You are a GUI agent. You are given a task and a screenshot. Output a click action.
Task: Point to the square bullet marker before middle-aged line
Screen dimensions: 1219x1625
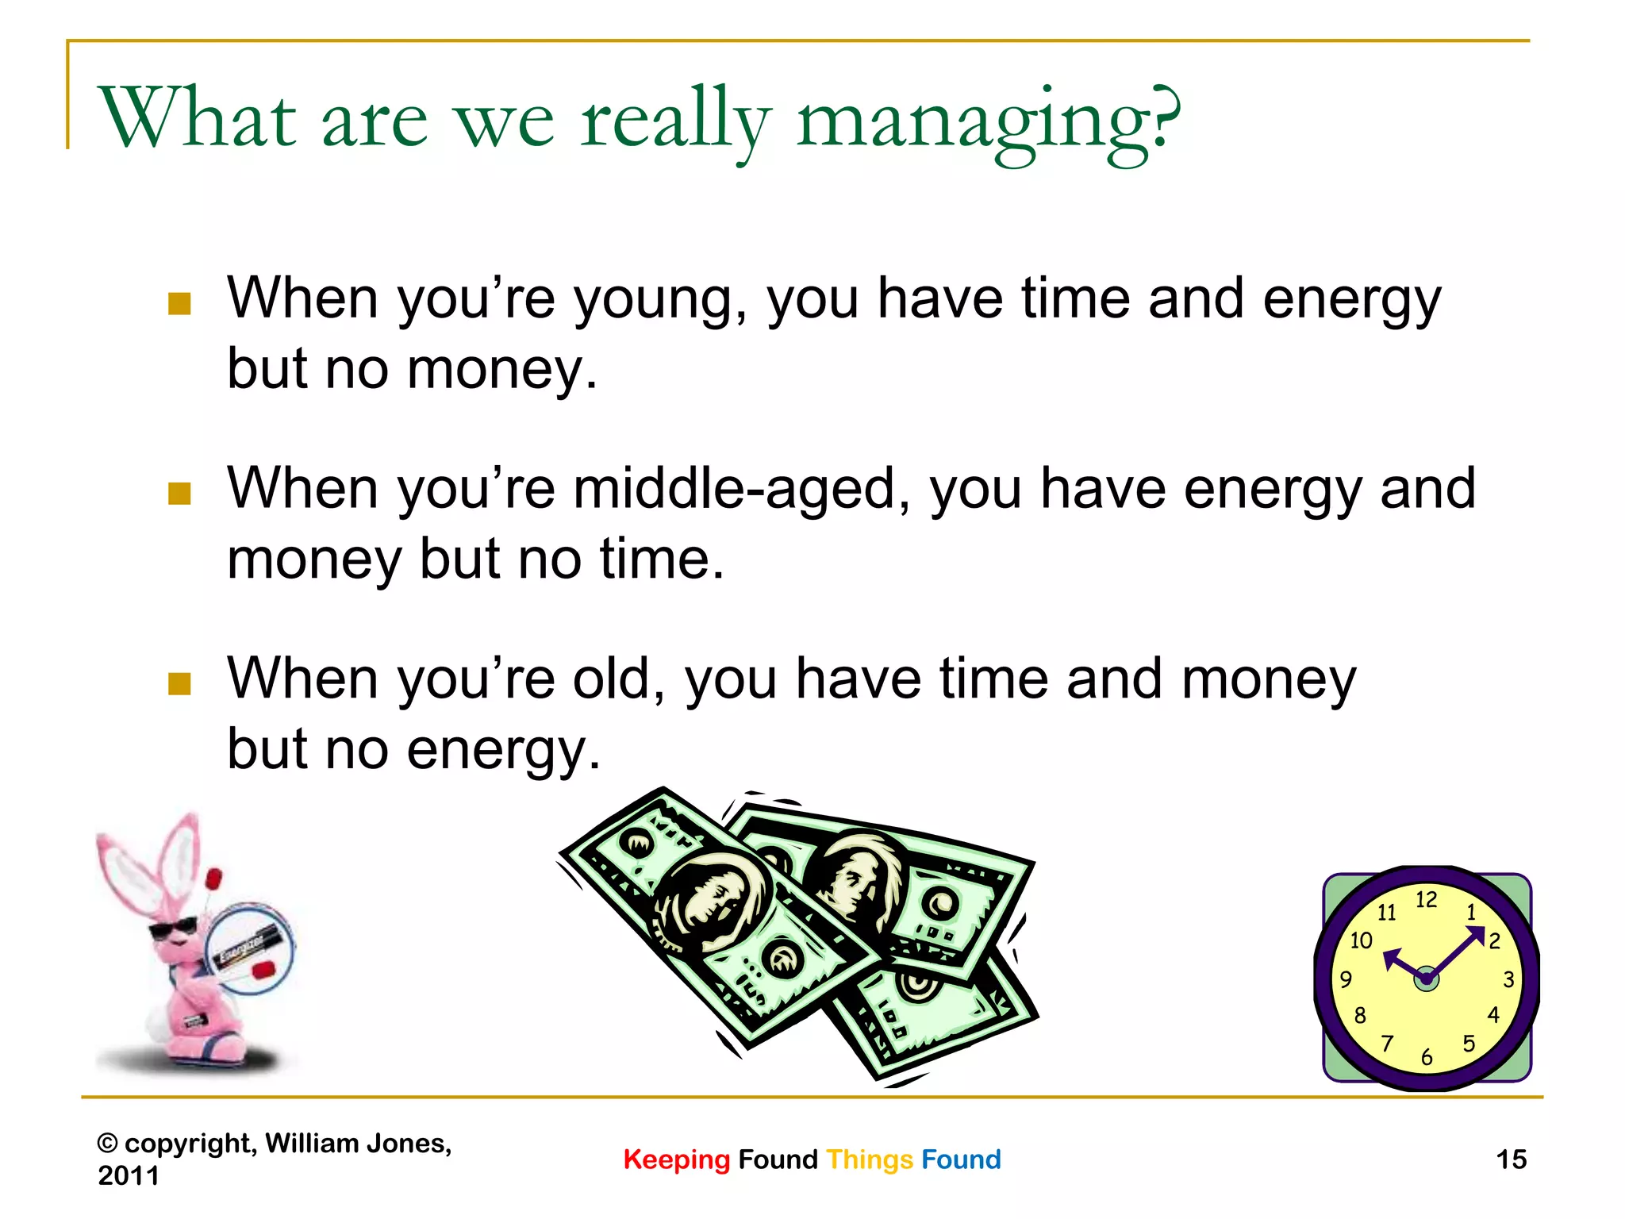(180, 494)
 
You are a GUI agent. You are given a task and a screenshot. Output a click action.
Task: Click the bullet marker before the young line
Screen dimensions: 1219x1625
(180, 304)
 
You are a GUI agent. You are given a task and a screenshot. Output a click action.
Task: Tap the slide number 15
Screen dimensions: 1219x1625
(1511, 1159)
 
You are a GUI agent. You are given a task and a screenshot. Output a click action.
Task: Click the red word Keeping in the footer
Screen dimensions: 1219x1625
(676, 1159)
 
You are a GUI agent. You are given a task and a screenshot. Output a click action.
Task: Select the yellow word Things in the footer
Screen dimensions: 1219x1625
(870, 1159)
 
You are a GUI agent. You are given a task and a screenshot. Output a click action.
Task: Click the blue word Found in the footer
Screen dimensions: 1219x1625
(961, 1159)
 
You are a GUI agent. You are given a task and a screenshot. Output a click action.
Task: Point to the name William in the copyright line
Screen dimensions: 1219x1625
(312, 1144)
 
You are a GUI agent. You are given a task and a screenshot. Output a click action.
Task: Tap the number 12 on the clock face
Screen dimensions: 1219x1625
(1426, 900)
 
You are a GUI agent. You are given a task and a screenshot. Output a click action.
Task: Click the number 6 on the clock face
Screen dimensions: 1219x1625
(1427, 1057)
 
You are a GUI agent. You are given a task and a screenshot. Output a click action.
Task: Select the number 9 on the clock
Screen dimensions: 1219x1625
(1346, 979)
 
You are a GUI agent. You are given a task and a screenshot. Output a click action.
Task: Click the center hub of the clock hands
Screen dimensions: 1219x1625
(1426, 979)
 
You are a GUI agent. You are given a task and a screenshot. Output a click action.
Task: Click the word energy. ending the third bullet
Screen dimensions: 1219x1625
(503, 750)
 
